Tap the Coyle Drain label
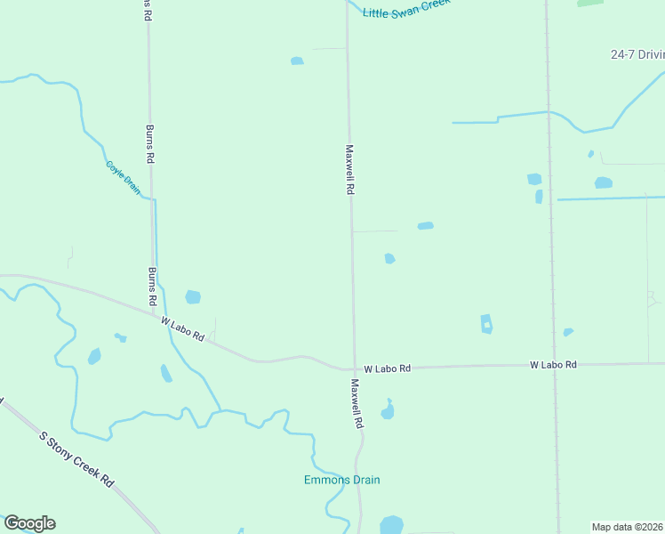tap(124, 177)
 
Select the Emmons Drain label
tap(342, 481)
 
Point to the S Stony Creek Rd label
tap(77, 458)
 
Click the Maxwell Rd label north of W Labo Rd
tap(350, 171)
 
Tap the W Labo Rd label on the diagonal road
tap(183, 329)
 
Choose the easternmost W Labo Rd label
tap(553, 365)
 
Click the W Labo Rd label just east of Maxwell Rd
tap(388, 368)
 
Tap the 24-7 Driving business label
tap(637, 54)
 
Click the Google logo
tap(29, 523)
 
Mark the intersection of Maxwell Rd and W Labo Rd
tap(355, 368)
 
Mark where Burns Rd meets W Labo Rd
tap(153, 311)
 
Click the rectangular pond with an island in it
tap(486, 324)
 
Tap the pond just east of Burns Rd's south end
tap(193, 297)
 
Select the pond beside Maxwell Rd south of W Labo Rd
tap(387, 412)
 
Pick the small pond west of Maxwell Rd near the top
tap(297, 61)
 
